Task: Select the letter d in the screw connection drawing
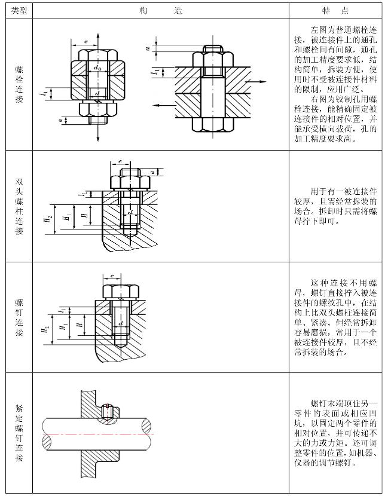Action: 121,323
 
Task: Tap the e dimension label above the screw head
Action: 112,275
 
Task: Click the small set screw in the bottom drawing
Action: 107,411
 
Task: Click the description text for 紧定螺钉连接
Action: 336,433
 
